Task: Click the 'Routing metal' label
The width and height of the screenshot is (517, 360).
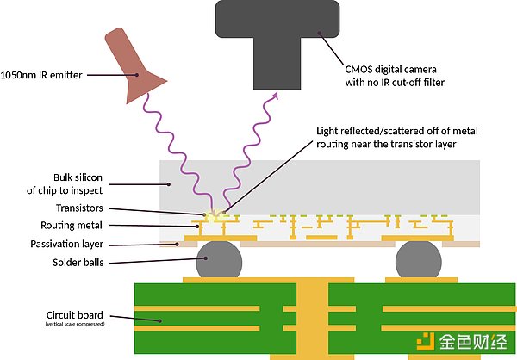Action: click(x=77, y=226)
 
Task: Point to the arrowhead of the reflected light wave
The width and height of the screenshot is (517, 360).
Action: click(x=276, y=95)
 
